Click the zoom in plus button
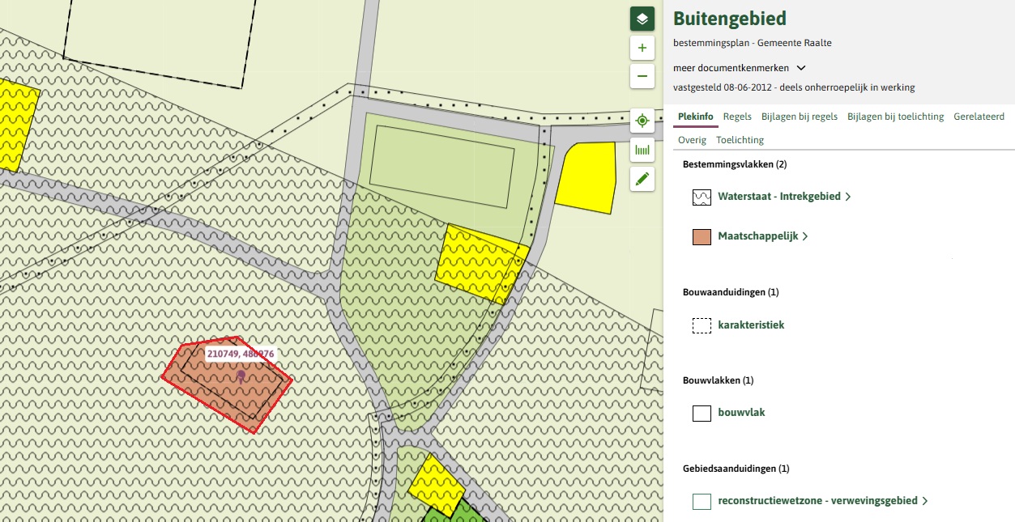tap(642, 48)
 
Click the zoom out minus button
tap(642, 76)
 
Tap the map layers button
tap(642, 19)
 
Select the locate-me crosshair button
tap(642, 121)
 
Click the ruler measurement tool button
tap(642, 150)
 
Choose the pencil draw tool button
tap(642, 179)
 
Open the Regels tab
tap(737, 117)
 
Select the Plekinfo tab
tap(696, 117)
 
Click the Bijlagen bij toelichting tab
tap(895, 117)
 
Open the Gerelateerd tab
tap(979, 117)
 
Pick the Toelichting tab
tap(740, 140)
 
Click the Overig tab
tap(692, 140)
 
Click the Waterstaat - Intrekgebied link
tap(778, 197)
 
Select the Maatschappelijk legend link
tap(757, 236)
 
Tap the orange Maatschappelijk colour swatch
tap(702, 237)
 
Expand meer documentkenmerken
tap(739, 68)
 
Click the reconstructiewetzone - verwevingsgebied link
tap(817, 501)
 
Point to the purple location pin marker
tap(241, 376)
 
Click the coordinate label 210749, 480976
tap(241, 354)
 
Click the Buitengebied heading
tap(730, 19)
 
